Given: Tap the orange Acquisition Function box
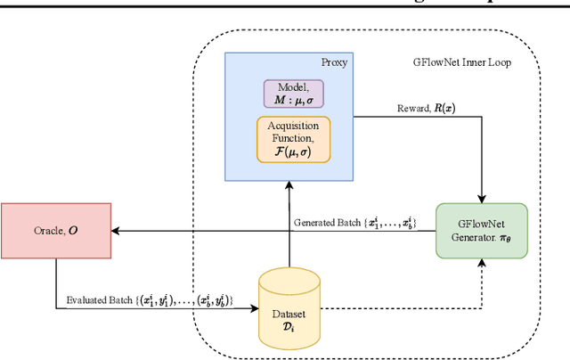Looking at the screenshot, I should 293,140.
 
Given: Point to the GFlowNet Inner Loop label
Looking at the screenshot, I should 461,63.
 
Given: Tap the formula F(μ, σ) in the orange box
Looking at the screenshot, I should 293,152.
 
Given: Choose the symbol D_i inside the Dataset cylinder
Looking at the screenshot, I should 288,326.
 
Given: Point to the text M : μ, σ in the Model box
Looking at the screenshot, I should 292,102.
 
